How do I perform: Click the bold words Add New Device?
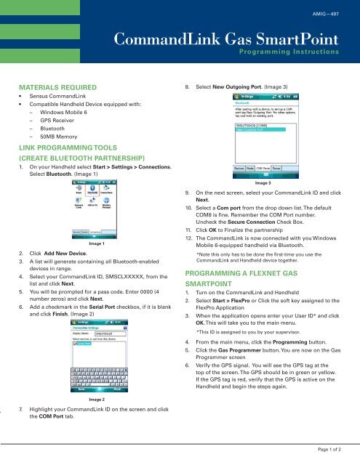tap(70, 254)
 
